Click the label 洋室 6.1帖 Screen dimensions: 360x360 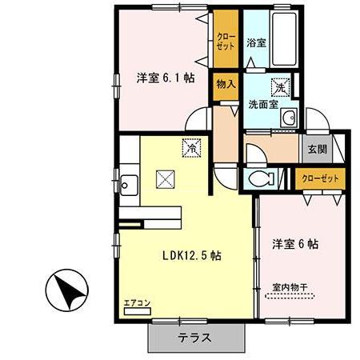coord(166,78)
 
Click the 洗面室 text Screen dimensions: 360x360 coord(262,103)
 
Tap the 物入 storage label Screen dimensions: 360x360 coord(225,83)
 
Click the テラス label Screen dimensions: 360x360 coord(195,338)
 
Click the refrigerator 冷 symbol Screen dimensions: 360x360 coord(191,146)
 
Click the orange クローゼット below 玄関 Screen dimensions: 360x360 coord(321,178)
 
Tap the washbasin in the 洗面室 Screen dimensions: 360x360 coord(290,121)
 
